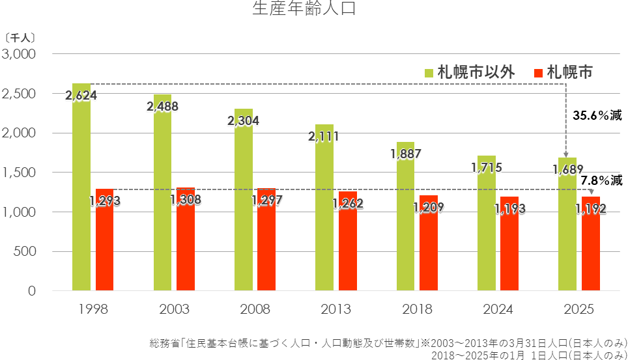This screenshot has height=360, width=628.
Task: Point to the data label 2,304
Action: click(243, 120)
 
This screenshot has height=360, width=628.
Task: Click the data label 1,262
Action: click(347, 203)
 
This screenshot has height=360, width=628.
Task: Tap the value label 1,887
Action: click(406, 154)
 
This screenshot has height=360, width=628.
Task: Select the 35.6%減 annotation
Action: click(597, 116)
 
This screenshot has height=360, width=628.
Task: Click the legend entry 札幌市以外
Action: click(476, 72)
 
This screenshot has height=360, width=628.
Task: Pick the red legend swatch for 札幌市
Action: click(538, 72)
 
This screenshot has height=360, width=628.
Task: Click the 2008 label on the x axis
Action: click(255, 309)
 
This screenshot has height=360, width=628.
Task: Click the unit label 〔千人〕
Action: click(20, 38)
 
